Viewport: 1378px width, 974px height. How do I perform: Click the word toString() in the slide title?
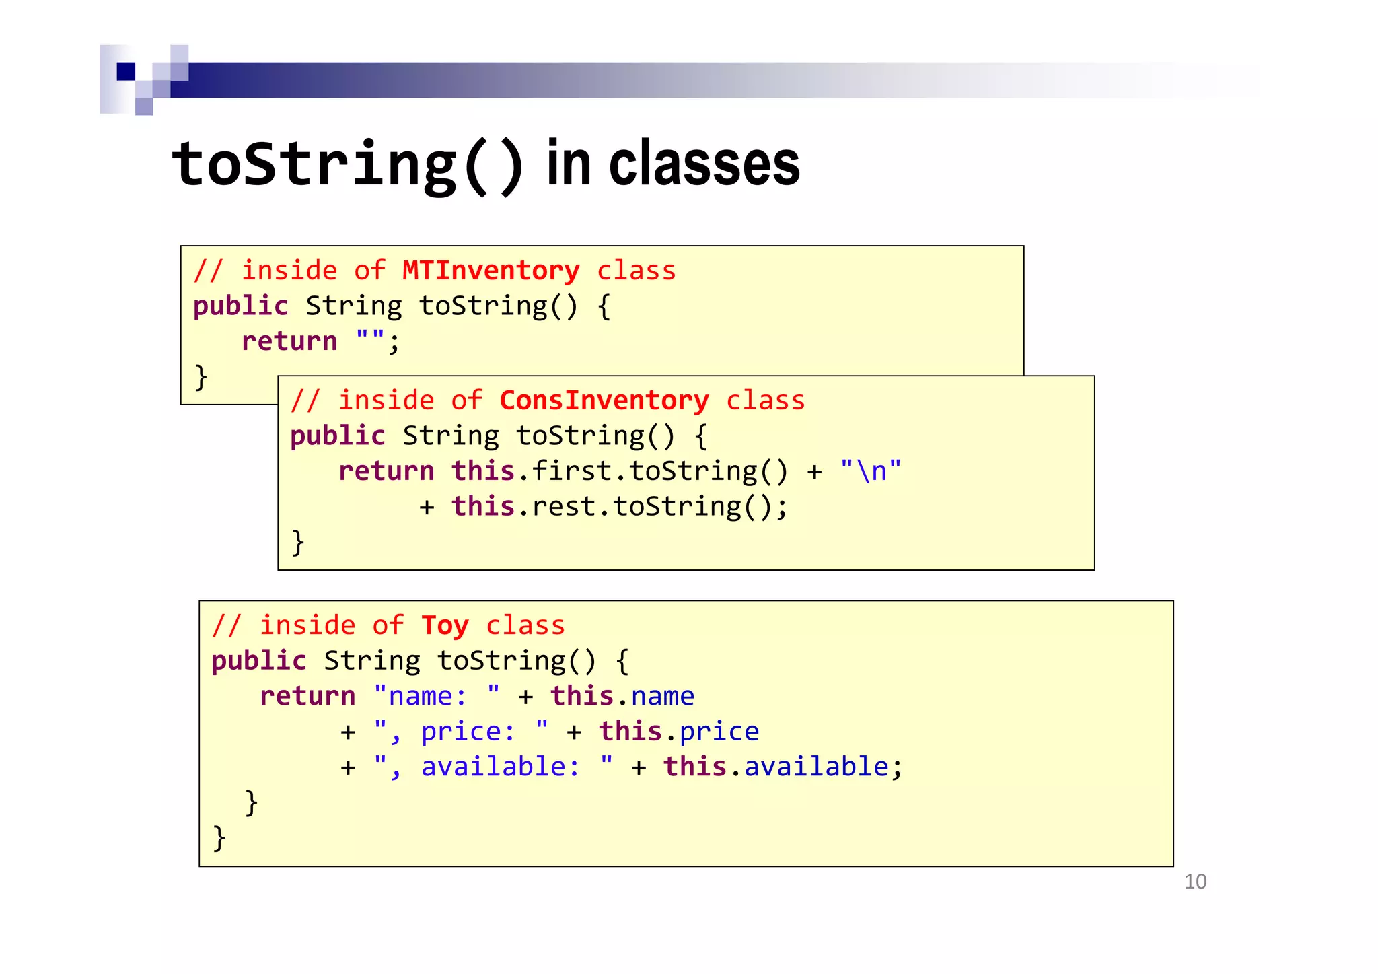(x=347, y=165)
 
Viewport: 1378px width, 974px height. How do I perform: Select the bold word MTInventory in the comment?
(x=491, y=271)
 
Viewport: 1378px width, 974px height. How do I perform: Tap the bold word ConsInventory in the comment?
(x=604, y=401)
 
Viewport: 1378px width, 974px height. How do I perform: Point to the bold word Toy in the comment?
(x=444, y=625)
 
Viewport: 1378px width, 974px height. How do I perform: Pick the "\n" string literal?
(x=871, y=471)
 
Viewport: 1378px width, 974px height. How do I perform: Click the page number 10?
(x=1195, y=882)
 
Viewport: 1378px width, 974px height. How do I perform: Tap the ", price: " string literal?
(x=461, y=732)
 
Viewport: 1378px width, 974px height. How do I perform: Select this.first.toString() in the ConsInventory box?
(x=619, y=471)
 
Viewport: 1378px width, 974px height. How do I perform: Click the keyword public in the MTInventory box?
(x=240, y=306)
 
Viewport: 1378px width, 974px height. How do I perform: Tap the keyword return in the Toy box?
(x=307, y=696)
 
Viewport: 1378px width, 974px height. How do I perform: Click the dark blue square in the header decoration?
(x=126, y=71)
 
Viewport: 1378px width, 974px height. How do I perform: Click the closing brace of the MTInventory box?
(x=201, y=377)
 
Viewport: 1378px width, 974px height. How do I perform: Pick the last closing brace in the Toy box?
(x=219, y=838)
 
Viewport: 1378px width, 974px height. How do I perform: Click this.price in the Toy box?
(x=679, y=732)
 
